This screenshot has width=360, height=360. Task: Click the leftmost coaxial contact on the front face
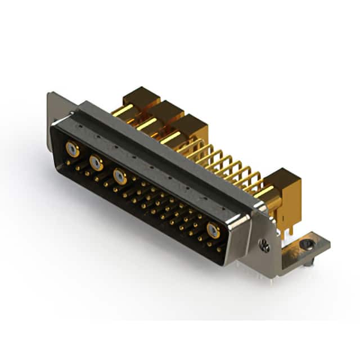pos(71,149)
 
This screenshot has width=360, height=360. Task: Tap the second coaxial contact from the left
pos(96,163)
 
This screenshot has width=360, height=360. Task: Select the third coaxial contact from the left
pos(119,177)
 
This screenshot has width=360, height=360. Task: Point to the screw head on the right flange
pos(265,245)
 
